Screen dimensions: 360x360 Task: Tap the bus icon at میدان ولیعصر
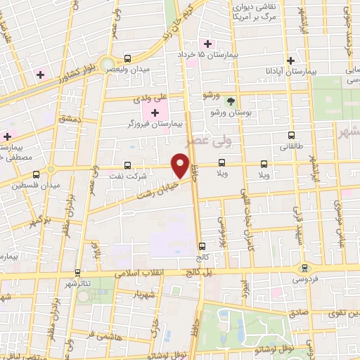pos(127,58)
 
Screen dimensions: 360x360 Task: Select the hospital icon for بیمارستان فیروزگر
pos(155,112)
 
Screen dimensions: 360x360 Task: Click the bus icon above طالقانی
pos(291,134)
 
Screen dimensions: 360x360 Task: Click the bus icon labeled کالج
pos(202,247)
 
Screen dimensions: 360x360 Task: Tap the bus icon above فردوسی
pos(304,267)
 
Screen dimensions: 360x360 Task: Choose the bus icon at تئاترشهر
pos(77,272)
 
